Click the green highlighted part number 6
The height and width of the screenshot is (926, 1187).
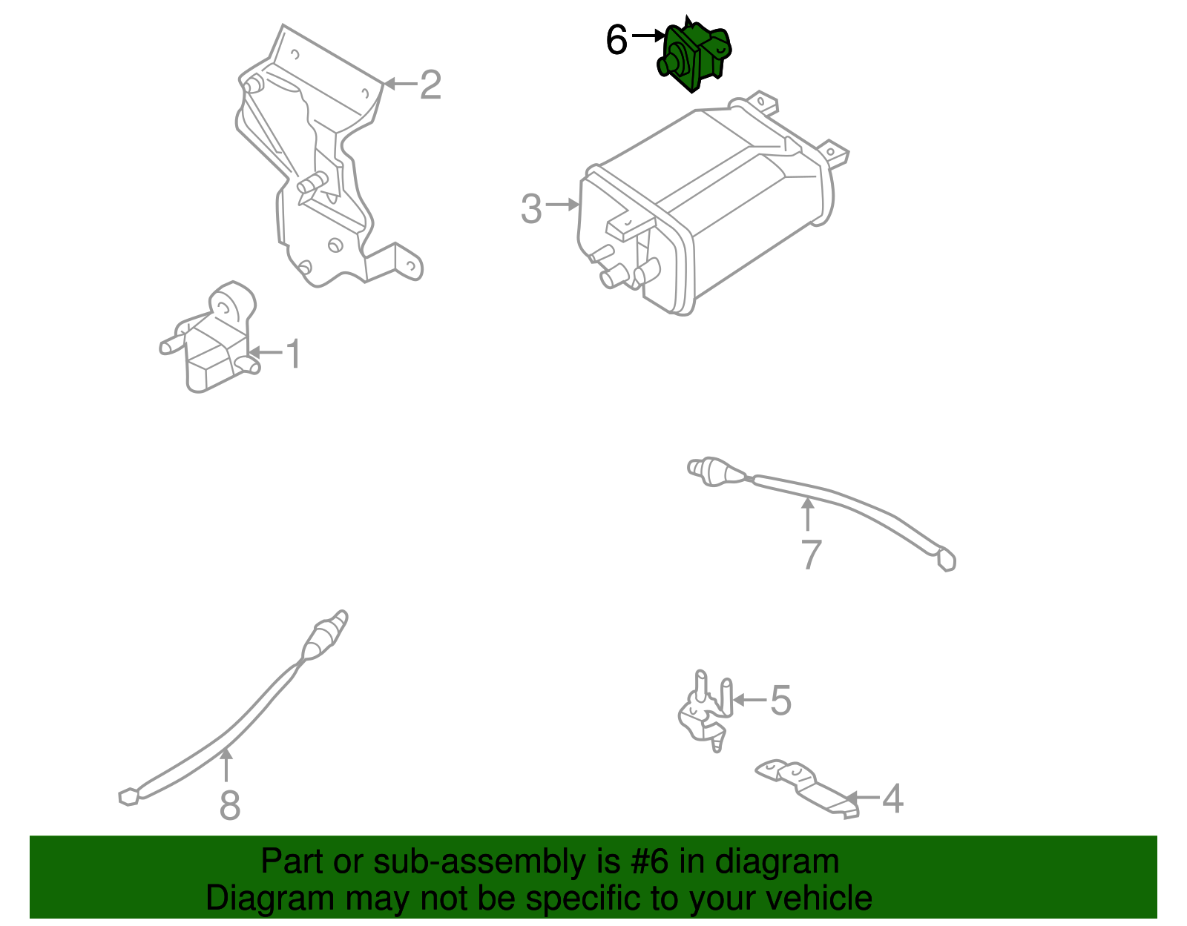[x=694, y=55]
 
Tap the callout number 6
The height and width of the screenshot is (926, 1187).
[x=616, y=39]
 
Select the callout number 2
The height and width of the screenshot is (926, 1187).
[x=430, y=85]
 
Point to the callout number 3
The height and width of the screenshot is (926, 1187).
[x=531, y=208]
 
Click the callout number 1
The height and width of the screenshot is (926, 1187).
[x=294, y=354]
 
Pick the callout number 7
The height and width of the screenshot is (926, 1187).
[x=811, y=555]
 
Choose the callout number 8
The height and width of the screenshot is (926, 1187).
[x=229, y=804]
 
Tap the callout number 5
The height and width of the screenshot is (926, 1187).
[x=780, y=700]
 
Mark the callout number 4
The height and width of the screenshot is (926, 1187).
[x=892, y=798]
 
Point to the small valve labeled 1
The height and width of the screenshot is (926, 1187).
[x=210, y=338]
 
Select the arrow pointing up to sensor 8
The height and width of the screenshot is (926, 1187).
[x=226, y=765]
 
